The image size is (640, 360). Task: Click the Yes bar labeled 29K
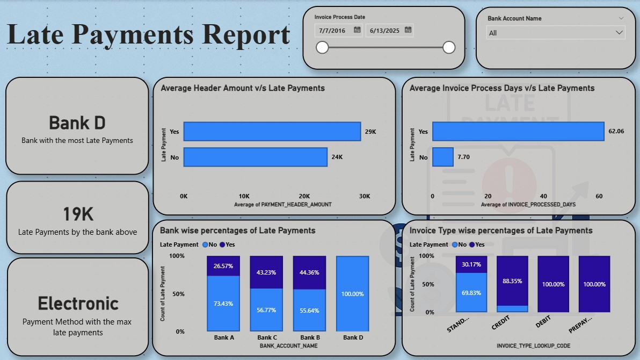[x=272, y=132]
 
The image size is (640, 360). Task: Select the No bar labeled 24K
[x=255, y=157]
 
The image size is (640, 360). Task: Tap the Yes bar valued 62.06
[x=518, y=132]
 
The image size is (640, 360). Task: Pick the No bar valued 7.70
[x=443, y=157]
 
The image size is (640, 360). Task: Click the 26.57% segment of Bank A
[x=223, y=266]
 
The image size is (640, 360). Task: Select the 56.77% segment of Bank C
[x=266, y=309]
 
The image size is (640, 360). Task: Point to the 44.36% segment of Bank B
[x=309, y=272]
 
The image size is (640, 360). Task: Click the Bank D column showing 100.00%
[x=352, y=294]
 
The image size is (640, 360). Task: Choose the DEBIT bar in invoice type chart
[x=554, y=284]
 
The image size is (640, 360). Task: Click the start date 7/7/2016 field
[x=333, y=31]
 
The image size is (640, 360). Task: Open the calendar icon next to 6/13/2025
[x=408, y=30]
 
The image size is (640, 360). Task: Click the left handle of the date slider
[x=322, y=48]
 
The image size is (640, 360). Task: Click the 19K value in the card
[x=78, y=214]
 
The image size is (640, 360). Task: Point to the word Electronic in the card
[x=78, y=304]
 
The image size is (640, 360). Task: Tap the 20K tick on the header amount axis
[x=304, y=196]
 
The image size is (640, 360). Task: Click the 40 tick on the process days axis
[x=543, y=196]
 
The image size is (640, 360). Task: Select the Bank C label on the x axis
[x=267, y=338]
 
